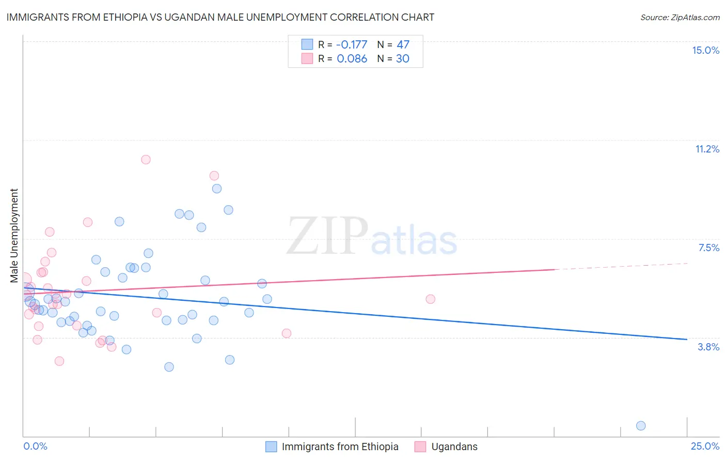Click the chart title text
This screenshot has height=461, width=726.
pyautogui.click(x=220, y=17)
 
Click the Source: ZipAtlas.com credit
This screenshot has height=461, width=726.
pyautogui.click(x=680, y=18)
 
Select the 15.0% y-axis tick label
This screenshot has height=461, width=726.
pyautogui.click(x=705, y=50)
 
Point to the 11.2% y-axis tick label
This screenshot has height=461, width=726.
pyautogui.click(x=707, y=149)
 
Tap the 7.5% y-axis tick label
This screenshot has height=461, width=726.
pyautogui.click(x=708, y=248)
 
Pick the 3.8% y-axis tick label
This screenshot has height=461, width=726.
pyautogui.click(x=708, y=347)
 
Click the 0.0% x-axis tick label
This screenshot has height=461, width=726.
pyautogui.click(x=35, y=446)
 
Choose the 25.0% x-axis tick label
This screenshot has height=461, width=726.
pyautogui.click(x=705, y=446)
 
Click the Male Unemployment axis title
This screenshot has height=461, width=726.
pyautogui.click(x=14, y=236)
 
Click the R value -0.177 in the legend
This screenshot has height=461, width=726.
pyautogui.click(x=352, y=44)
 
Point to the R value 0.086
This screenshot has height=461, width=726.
pyautogui.click(x=352, y=58)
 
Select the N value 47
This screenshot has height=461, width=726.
pyautogui.click(x=403, y=44)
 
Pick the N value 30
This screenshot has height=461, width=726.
pyautogui.click(x=402, y=58)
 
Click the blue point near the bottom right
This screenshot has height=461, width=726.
pyautogui.click(x=641, y=426)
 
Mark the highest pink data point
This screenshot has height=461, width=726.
pyautogui.click(x=146, y=160)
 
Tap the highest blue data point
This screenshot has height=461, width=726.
pyautogui.click(x=217, y=189)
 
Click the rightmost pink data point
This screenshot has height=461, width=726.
pyautogui.click(x=430, y=299)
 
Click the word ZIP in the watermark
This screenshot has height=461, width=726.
pyautogui.click(x=327, y=237)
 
